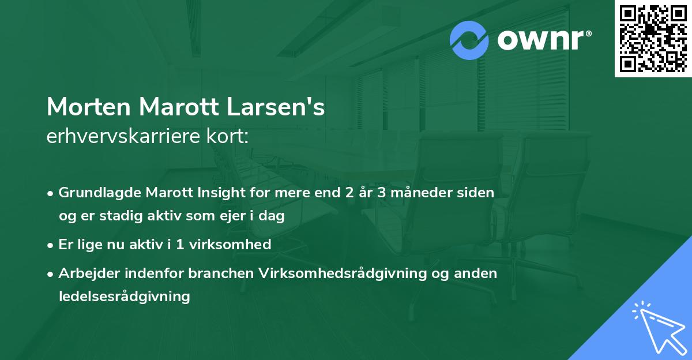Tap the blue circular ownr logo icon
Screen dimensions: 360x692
469,40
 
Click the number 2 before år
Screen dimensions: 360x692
349,193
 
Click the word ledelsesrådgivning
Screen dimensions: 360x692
124,297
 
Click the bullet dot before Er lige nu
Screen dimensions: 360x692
51,245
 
